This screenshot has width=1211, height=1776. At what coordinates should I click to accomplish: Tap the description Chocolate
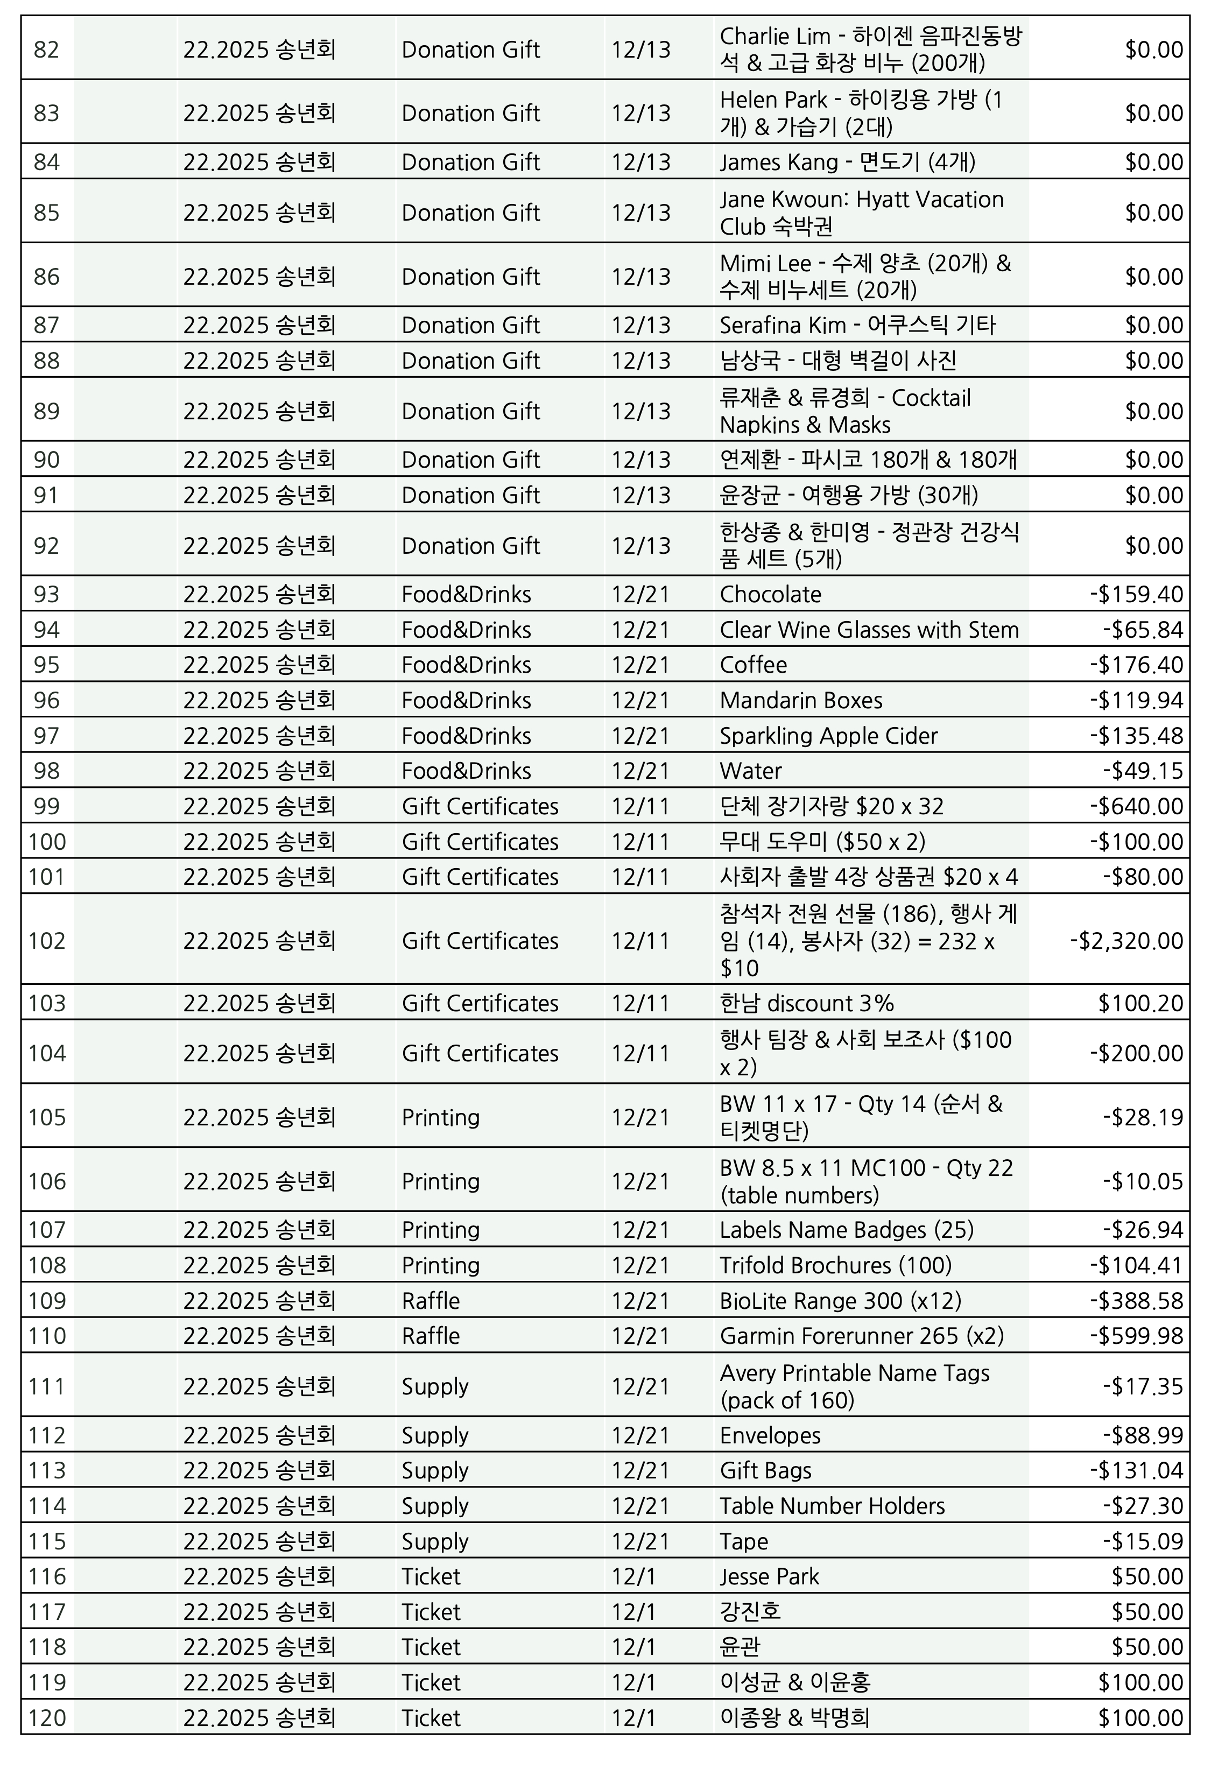coord(770,595)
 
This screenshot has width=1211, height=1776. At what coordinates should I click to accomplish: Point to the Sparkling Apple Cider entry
coord(828,736)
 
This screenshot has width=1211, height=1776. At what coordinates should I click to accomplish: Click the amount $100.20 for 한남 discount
coord(1140,1003)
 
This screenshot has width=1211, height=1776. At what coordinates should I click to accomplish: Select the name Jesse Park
coord(769,1576)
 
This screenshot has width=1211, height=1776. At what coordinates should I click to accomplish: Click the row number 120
coord(47,1719)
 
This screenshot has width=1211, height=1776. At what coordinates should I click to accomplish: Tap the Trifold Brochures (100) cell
coord(835,1265)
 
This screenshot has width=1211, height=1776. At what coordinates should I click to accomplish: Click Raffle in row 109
coord(431,1301)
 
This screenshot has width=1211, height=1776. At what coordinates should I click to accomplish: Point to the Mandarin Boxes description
coord(801,701)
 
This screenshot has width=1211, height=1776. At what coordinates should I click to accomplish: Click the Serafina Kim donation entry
coord(857,326)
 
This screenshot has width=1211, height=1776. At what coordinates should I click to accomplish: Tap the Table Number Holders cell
coord(832,1506)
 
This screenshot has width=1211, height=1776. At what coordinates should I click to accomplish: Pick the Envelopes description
coord(770,1436)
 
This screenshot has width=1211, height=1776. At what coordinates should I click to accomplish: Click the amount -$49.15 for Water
coord(1143,771)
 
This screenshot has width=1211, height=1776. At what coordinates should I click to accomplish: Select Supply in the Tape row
coord(435,1541)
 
